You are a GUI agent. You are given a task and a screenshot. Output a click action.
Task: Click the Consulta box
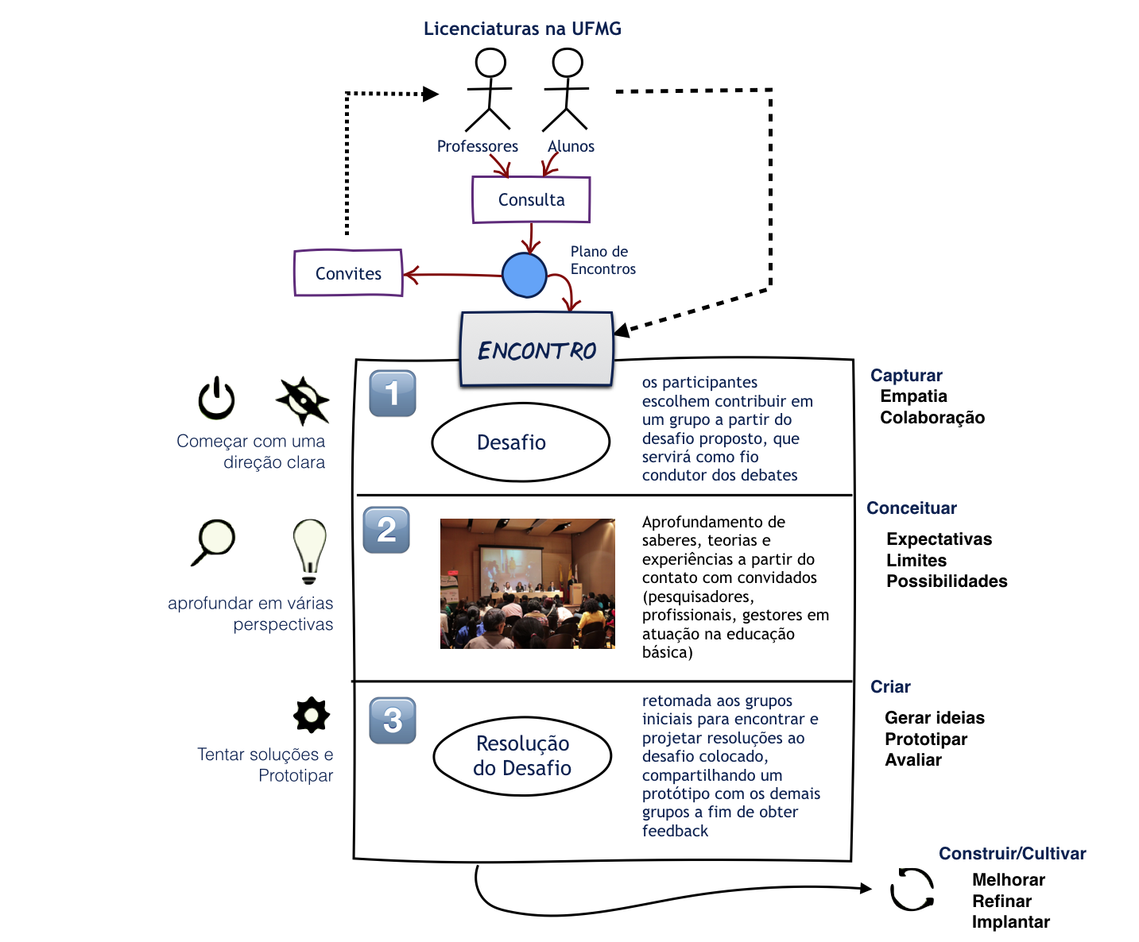[x=531, y=199]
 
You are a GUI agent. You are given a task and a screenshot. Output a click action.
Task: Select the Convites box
[x=348, y=273]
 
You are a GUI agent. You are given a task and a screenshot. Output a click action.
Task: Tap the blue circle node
[x=525, y=275]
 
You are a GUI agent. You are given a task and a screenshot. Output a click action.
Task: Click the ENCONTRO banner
[x=537, y=350]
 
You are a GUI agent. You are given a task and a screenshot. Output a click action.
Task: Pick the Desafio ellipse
[x=521, y=442]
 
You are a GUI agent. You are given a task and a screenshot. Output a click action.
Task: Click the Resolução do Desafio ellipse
[x=522, y=755]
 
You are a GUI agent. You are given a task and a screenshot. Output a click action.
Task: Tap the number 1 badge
[x=393, y=393]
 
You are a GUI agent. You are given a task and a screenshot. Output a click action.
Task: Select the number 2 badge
[x=386, y=530]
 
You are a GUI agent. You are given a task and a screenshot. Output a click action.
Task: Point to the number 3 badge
[x=393, y=720]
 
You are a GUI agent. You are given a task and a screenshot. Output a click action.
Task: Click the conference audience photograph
[x=528, y=584]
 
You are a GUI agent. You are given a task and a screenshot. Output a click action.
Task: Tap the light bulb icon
[x=310, y=550]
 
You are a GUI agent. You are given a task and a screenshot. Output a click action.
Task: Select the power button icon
[x=216, y=399]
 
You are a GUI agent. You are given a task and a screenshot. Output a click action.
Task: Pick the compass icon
[x=303, y=400]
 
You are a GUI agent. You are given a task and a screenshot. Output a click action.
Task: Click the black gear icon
[x=312, y=715]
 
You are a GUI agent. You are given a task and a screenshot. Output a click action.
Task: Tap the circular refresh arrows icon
[x=912, y=890]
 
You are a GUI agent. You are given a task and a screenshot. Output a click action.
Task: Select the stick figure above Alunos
[x=566, y=89]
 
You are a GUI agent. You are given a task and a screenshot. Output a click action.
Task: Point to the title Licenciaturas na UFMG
[x=522, y=29]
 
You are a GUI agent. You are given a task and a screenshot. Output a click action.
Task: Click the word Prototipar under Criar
[x=926, y=739]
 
